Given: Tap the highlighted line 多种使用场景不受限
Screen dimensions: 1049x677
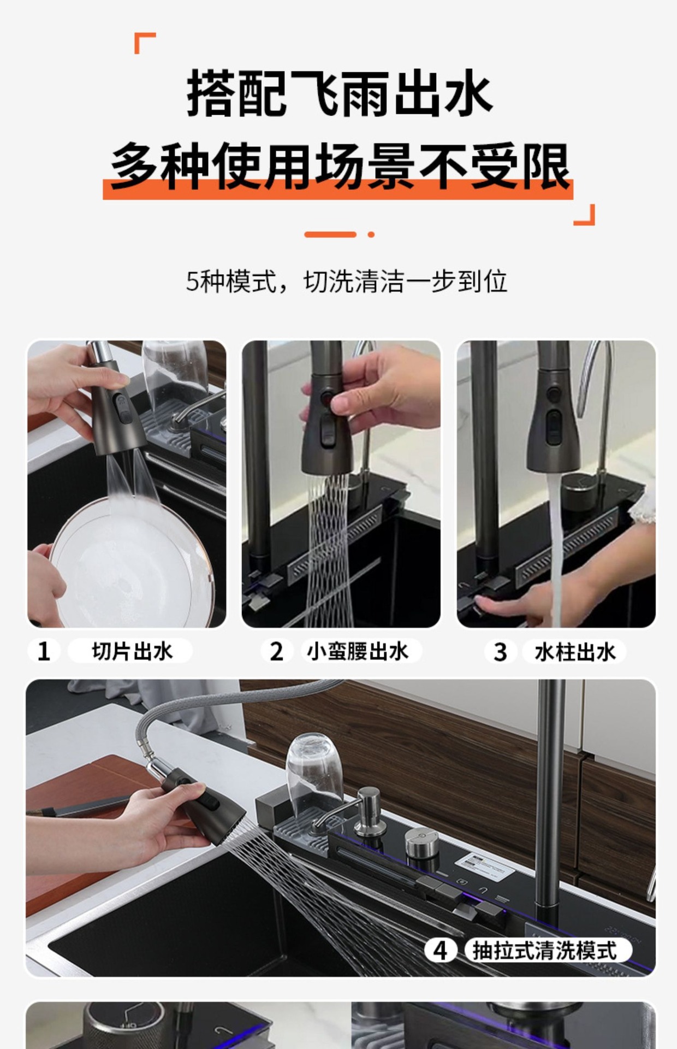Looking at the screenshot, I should [x=339, y=167].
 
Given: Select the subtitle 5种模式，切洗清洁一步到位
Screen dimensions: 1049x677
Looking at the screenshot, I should [x=346, y=281].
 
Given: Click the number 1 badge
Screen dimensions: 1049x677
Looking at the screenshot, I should [x=44, y=651].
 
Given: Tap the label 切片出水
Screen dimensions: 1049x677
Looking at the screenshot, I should [x=131, y=651].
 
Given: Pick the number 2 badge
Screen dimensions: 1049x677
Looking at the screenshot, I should [x=277, y=651].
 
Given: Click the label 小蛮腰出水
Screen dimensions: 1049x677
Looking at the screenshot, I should [x=358, y=651].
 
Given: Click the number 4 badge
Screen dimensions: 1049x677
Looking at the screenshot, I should [x=440, y=951].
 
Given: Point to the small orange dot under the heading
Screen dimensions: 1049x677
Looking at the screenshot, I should [x=371, y=234].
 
